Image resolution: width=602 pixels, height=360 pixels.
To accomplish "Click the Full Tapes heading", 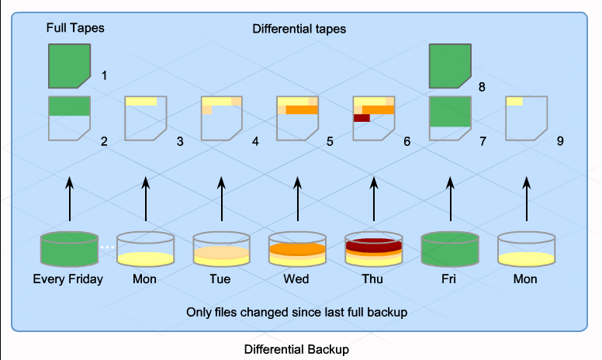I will click(x=74, y=28).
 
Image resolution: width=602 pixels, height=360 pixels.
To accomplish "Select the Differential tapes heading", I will click(x=299, y=29).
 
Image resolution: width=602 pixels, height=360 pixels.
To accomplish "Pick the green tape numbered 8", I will click(x=450, y=65).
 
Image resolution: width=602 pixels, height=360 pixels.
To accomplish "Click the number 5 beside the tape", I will click(x=330, y=142).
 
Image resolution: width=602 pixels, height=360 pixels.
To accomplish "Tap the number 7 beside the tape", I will click(x=483, y=142).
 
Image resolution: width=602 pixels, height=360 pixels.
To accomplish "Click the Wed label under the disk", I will click(x=298, y=279).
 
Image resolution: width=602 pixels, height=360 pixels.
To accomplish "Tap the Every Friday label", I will click(x=68, y=279).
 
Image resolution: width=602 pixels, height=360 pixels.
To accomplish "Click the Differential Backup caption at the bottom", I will click(x=297, y=349).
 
